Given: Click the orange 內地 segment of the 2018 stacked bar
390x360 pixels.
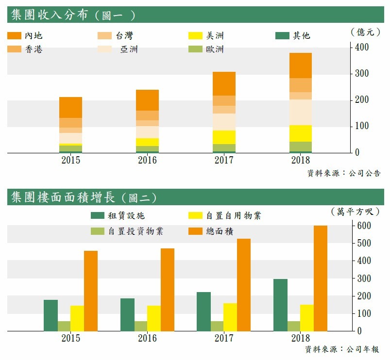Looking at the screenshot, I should click(301, 65).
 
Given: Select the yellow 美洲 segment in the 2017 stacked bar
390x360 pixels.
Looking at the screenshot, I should click(224, 137).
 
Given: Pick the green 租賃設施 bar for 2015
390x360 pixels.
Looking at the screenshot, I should click(51, 315).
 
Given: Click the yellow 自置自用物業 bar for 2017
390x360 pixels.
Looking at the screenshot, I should click(230, 317).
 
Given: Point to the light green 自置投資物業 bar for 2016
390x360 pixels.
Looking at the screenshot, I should click(141, 326).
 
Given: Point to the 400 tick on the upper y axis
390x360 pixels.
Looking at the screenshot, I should click(362, 48).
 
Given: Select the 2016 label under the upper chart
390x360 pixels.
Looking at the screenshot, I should click(147, 160).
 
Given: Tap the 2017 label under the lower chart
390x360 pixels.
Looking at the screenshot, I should click(224, 338).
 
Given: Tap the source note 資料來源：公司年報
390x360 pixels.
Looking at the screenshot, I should click(342, 349).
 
